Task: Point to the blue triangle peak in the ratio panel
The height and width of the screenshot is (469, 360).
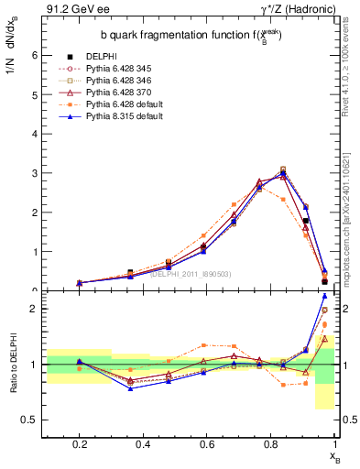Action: click(324, 296)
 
